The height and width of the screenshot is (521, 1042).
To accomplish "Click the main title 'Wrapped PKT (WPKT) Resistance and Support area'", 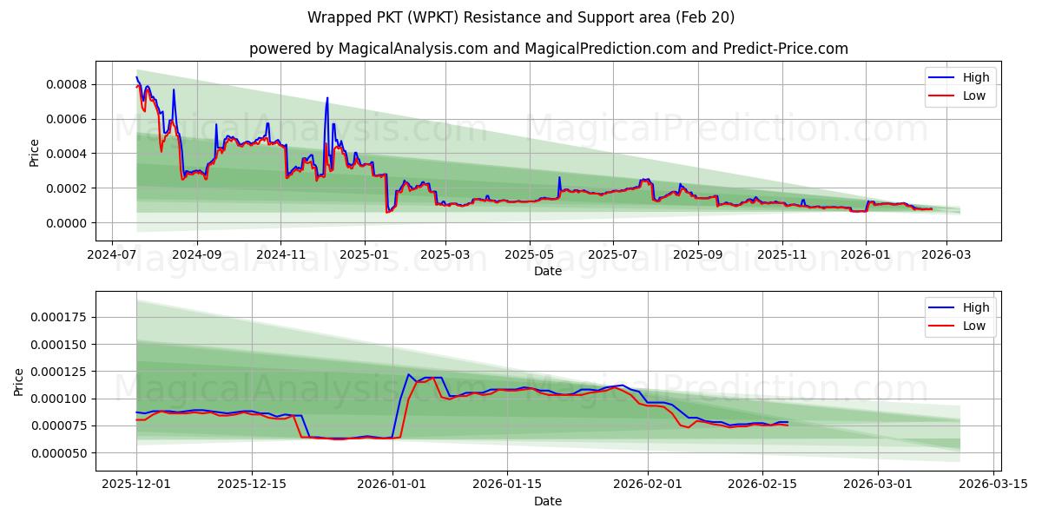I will coord(521,17).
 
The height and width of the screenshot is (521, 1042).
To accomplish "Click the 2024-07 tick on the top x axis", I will coord(111,256).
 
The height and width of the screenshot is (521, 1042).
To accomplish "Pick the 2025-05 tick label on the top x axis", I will coord(529,256).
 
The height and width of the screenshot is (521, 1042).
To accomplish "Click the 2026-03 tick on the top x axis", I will coord(946,256).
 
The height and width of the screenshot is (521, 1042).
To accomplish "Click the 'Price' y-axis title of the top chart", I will coord(35,152).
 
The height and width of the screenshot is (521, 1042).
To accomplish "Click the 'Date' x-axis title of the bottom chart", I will coord(547,501).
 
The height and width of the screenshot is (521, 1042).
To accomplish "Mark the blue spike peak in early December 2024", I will coord(327,98).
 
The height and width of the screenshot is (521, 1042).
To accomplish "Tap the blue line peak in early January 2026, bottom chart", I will coord(409,374).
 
